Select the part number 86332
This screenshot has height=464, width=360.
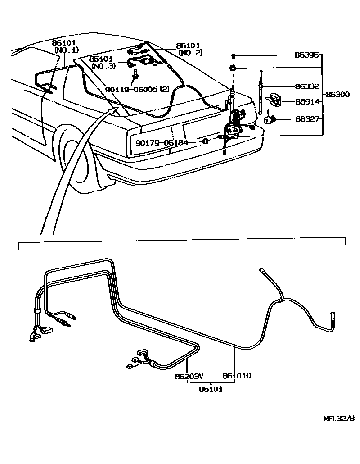coord(307,86)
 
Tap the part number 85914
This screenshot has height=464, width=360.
coord(307,102)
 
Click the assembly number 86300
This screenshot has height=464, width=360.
coord(338,95)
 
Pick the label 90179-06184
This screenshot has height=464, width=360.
coord(162,142)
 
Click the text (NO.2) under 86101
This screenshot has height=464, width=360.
coord(190,53)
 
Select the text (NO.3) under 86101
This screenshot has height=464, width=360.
coord(103,66)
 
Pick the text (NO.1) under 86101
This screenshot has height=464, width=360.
coord(66,50)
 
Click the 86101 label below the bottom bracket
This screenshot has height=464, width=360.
coord(211,389)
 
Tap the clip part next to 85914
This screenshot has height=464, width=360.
coord(274,99)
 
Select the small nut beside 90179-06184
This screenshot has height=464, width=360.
coord(205,142)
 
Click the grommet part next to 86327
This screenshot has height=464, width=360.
coord(269,120)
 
